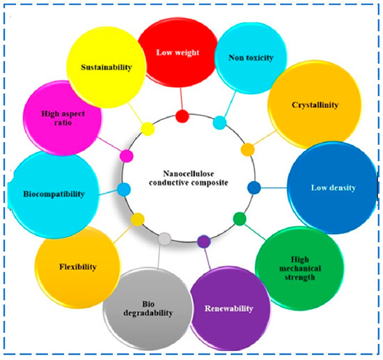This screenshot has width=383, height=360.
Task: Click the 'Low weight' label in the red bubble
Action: point(178,53)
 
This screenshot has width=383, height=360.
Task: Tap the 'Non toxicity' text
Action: point(251,58)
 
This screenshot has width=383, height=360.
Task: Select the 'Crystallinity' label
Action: point(315,105)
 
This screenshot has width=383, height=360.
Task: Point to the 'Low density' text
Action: point(333,188)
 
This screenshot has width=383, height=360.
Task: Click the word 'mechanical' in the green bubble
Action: point(300,268)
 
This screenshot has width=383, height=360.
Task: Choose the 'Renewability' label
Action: point(229,308)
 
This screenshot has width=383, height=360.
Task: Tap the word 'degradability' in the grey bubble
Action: point(148,313)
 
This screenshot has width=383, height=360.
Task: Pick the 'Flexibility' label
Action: point(78,267)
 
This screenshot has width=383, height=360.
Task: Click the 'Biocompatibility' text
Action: point(54,194)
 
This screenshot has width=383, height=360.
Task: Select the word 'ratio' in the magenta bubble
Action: point(63,123)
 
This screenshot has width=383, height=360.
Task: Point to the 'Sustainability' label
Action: point(107,67)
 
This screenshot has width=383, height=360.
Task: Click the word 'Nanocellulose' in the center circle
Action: point(189,173)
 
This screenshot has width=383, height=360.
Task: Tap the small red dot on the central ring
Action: point(182,116)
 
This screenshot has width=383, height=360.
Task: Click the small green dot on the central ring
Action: point(240,219)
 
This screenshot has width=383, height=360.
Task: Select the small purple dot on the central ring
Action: point(204,242)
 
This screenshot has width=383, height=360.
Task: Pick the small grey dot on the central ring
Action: point(164,239)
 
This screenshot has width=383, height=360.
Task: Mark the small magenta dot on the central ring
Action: point(127,156)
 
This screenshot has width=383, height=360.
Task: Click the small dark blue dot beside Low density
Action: point(254,187)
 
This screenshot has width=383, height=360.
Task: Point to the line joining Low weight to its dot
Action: point(181,99)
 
